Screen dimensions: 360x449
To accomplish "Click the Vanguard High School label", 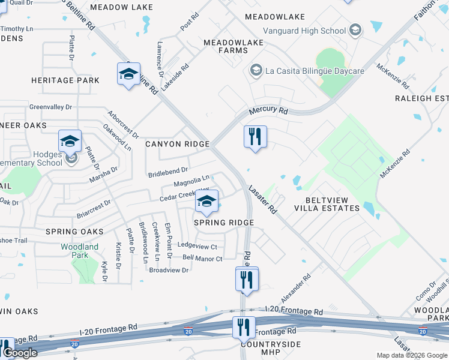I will point(304,31).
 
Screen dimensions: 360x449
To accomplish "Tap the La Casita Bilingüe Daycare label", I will point(314,71).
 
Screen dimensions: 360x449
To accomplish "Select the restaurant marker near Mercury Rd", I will point(255,137).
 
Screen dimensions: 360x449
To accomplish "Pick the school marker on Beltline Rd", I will point(128,74).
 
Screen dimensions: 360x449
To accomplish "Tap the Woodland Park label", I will point(79,251).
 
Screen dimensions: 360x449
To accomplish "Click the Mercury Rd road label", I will point(268,111).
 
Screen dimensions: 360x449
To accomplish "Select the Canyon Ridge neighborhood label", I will point(177,144).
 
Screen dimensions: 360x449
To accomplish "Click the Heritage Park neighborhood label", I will point(65,80).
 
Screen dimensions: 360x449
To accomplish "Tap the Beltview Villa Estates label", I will point(327,204).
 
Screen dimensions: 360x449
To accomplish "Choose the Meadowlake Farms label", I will point(226,46).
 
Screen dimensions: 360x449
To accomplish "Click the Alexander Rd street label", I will point(296,289).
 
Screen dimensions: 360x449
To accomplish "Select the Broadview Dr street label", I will point(169,271).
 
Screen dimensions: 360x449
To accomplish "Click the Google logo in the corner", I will point(20,353).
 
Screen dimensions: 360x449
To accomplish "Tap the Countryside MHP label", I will point(262,349).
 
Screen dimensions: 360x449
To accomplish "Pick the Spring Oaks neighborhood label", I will point(73,232).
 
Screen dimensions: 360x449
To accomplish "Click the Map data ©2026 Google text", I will point(411,355).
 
